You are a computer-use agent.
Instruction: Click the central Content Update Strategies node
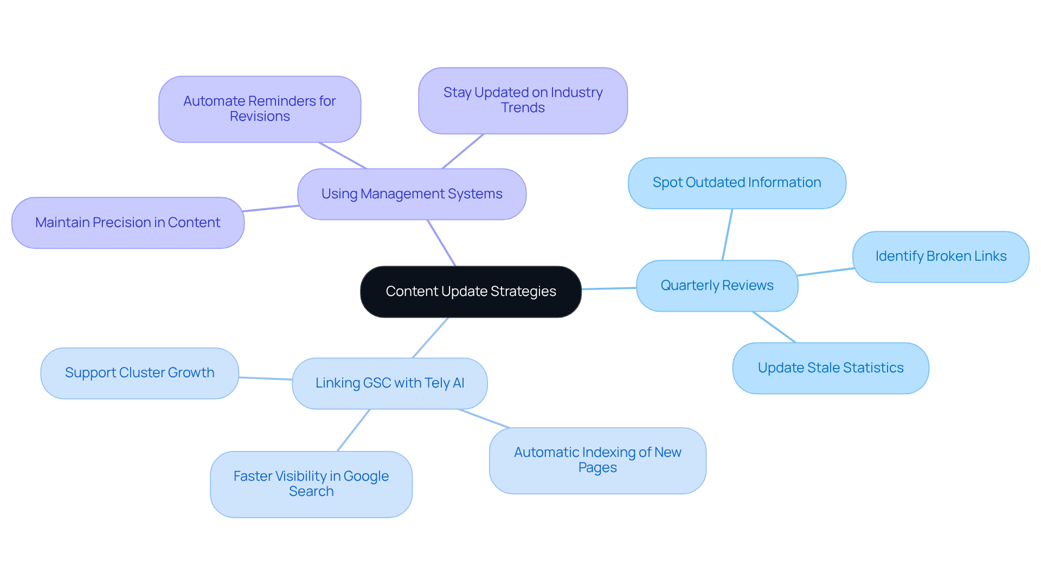(x=471, y=292)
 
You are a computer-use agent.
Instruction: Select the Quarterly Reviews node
(x=717, y=286)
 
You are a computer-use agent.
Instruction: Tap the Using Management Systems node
(x=412, y=194)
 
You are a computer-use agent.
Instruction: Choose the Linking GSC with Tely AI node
(x=389, y=383)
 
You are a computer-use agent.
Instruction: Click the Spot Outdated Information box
(x=736, y=183)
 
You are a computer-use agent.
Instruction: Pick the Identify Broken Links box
(x=940, y=256)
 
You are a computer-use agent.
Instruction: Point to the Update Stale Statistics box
(x=830, y=368)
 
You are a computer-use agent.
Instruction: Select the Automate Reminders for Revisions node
(x=259, y=109)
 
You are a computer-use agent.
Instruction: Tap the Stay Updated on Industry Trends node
(x=523, y=100)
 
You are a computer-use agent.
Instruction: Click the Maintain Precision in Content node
(x=127, y=223)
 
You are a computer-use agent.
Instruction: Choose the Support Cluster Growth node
(x=139, y=373)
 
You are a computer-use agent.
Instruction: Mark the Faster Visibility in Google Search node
(x=311, y=484)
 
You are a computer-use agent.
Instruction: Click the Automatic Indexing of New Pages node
(x=597, y=460)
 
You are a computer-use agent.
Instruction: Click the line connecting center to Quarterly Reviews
(x=608, y=288)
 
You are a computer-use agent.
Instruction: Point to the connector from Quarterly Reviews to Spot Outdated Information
(x=727, y=234)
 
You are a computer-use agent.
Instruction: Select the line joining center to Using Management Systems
(x=441, y=243)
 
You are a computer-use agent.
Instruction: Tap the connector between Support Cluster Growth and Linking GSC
(x=265, y=378)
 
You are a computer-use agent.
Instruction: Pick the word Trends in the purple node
(x=523, y=108)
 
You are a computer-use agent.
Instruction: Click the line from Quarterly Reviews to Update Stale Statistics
(x=774, y=327)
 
